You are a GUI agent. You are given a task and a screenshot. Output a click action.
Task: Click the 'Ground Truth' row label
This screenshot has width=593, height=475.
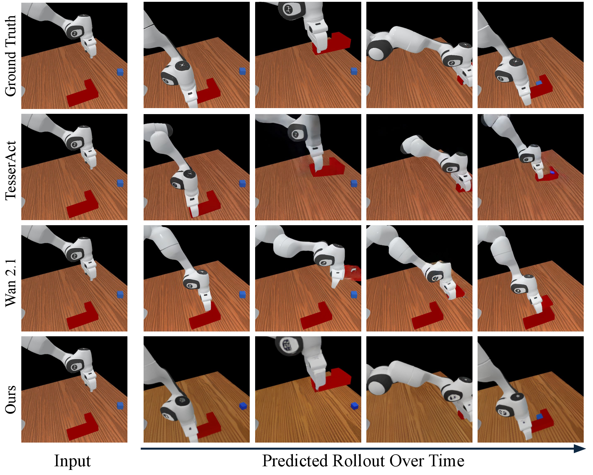pyautogui.click(x=10, y=56)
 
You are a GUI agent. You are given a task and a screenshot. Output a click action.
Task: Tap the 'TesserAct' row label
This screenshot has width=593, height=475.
pyautogui.click(x=10, y=170)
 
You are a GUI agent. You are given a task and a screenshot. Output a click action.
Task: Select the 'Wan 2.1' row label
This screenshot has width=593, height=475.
pyautogui.click(x=10, y=283)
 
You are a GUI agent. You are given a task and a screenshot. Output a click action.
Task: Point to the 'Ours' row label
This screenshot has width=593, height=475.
pyautogui.click(x=10, y=399)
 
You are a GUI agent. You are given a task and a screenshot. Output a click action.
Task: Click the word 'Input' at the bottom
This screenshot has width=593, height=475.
pyautogui.click(x=72, y=461)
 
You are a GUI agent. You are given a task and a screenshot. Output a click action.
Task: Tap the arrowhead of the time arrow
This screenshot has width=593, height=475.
pyautogui.click(x=580, y=449)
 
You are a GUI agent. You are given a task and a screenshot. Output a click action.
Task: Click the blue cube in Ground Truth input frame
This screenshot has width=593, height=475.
pyautogui.click(x=120, y=72)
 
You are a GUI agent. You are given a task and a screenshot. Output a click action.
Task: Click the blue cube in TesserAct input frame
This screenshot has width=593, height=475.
pyautogui.click(x=120, y=183)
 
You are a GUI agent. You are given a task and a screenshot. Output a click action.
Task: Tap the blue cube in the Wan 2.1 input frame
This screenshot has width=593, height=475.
pyautogui.click(x=120, y=295)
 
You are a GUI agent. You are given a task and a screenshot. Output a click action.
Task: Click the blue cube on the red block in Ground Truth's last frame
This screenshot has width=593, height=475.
pyautogui.click(x=539, y=83)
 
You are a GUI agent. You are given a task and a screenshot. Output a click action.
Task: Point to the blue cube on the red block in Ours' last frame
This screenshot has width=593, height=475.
pyautogui.click(x=540, y=416)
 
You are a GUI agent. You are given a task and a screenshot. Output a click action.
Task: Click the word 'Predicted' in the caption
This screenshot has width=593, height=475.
pyautogui.click(x=295, y=461)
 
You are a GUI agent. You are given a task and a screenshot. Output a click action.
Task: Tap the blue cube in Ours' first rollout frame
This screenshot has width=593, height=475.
pyautogui.click(x=243, y=406)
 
